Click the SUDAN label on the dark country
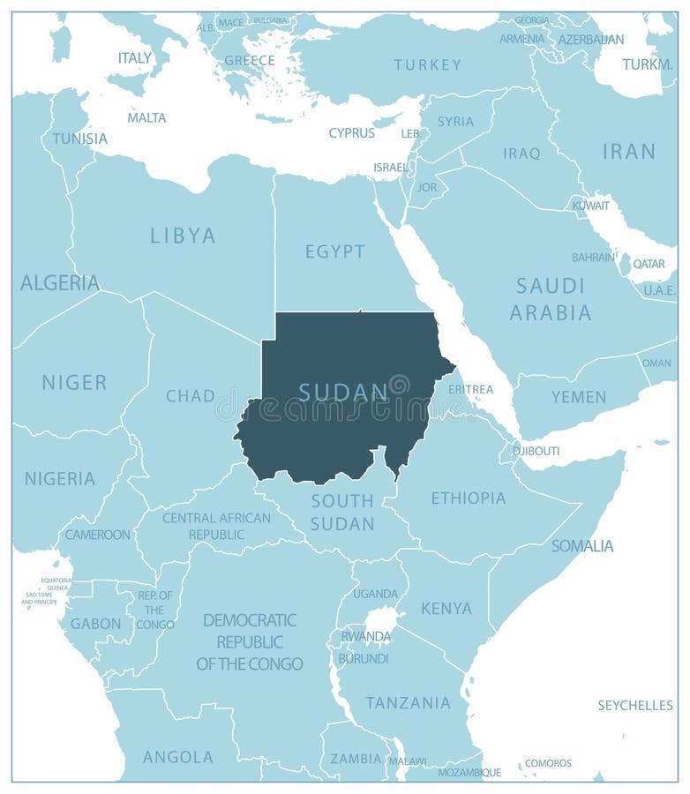coord(343,392)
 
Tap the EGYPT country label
coord(335,251)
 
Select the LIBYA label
coord(183,236)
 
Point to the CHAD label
coord(191,396)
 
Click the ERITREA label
coord(470,389)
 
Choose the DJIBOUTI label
coord(536,451)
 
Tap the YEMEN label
coord(579,397)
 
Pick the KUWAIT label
coord(590,206)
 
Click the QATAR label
coord(649,264)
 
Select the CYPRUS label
coord(351,133)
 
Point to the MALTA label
coord(146,117)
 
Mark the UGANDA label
coord(376,594)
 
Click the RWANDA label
coord(365,636)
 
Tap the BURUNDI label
coord(363,658)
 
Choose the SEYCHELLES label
coord(635,705)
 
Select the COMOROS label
coord(548,763)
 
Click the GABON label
coord(95,624)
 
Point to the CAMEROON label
coord(97,535)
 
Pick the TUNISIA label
coord(79,139)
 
